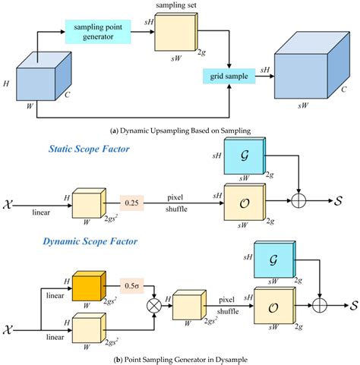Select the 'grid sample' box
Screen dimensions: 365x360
[226, 76]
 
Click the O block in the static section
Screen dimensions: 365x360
[243, 203]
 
